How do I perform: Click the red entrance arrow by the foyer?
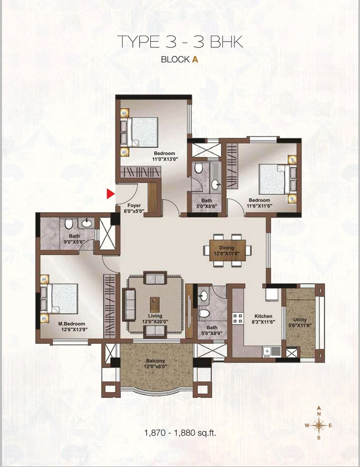click(111, 194)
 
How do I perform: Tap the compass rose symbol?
click(318, 425)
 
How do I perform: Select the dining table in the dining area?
click(227, 250)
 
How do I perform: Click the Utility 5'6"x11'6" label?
click(297, 323)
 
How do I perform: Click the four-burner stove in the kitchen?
click(238, 318)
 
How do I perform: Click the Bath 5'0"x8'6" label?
click(207, 204)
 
